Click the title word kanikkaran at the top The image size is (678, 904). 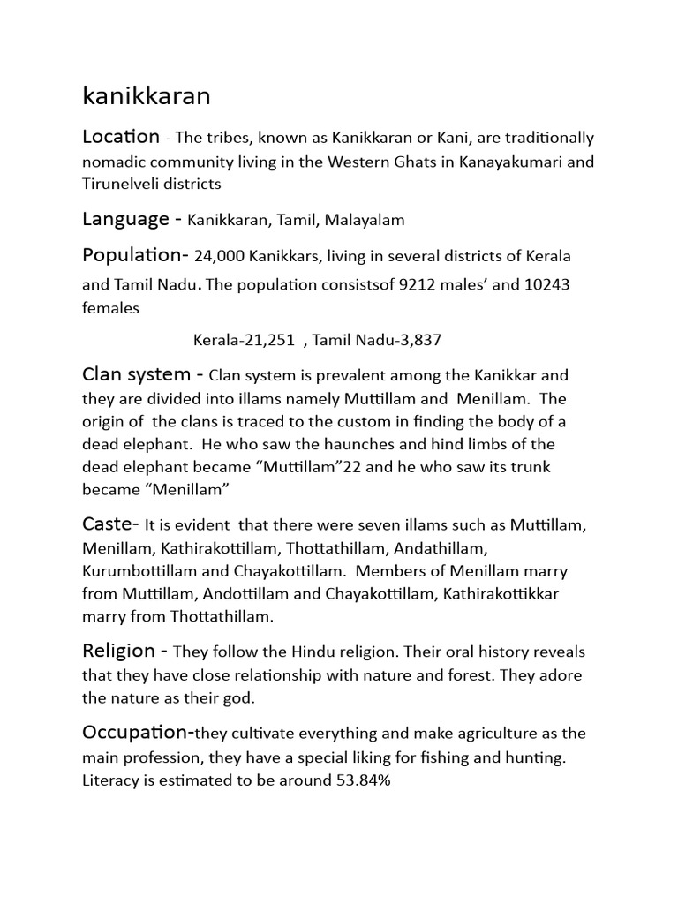[x=146, y=96]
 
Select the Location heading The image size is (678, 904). [x=121, y=137]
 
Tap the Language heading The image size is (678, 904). [x=125, y=218]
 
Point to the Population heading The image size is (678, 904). [x=133, y=255]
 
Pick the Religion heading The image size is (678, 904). [x=120, y=651]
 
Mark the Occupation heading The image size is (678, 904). [x=137, y=732]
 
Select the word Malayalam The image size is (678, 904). [x=365, y=220]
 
